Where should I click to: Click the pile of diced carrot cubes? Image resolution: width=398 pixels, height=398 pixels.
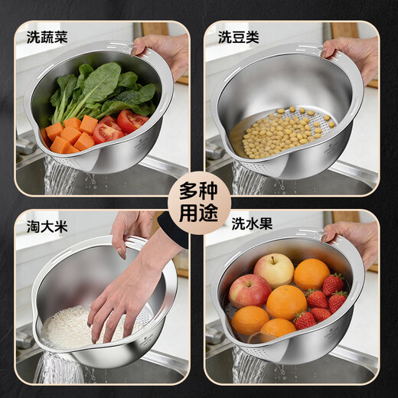coord(72,134)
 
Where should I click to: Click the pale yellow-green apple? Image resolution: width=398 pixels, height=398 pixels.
coord(274,269)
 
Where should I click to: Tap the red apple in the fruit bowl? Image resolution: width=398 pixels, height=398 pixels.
coord(250,291)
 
